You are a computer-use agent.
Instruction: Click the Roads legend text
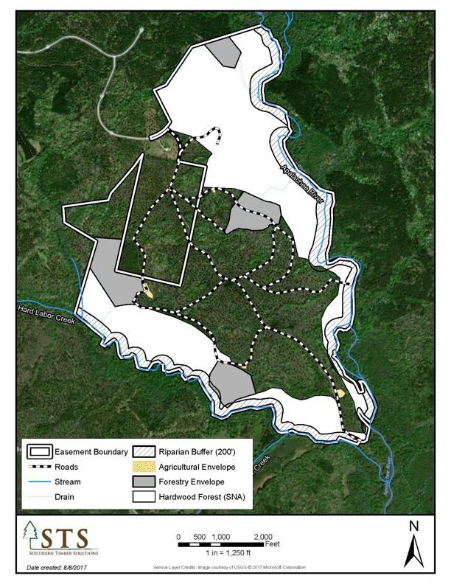coord(66,467)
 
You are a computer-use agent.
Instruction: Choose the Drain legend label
coord(66,496)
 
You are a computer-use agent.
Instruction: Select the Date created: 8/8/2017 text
coord(56,568)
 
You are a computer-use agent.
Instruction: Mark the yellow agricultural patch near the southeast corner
coord(340,394)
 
